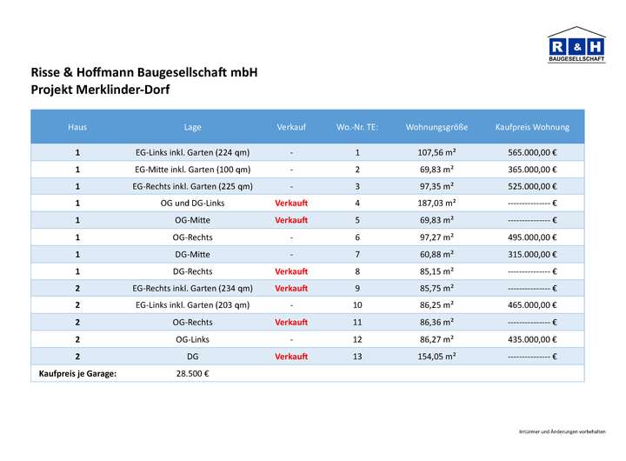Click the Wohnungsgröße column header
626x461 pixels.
(436, 127)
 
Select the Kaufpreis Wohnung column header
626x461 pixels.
(532, 127)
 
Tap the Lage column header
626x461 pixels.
(193, 127)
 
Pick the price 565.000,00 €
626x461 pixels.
(532, 153)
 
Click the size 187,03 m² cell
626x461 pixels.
(436, 203)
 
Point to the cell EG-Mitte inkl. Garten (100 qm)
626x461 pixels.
(193, 170)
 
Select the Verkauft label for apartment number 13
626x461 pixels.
(291, 357)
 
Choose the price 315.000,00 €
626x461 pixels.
(532, 254)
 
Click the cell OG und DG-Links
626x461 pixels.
(193, 203)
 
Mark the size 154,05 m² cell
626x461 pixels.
(436, 357)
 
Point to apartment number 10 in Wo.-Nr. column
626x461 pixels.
(357, 305)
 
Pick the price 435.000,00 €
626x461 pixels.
(532, 339)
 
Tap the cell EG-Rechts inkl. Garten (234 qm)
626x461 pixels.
(193, 288)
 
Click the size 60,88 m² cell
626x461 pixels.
(436, 254)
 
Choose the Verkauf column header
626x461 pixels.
(291, 127)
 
